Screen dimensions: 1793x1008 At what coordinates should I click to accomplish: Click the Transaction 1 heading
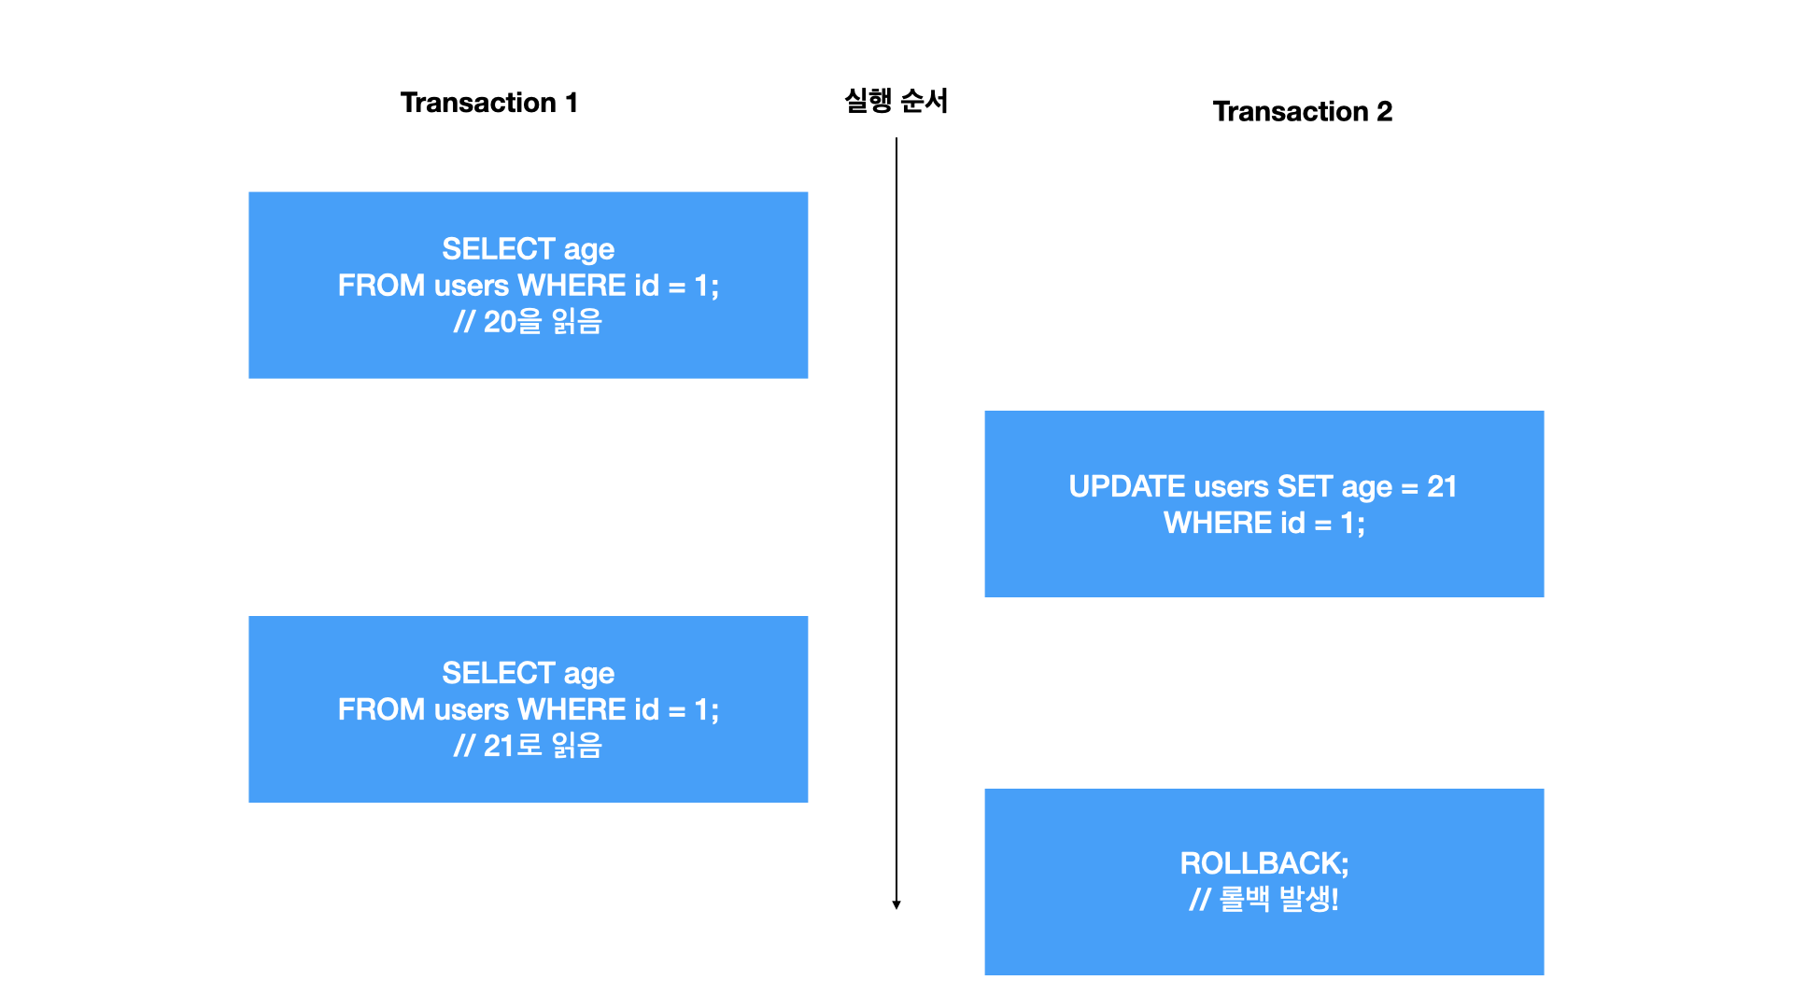point(488,103)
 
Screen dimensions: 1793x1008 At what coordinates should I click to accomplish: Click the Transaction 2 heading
point(1302,112)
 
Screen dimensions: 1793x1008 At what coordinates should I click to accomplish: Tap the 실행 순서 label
point(896,101)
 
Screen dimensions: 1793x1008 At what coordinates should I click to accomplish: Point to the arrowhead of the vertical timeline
point(896,904)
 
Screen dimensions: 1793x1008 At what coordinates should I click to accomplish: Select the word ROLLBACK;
point(1264,864)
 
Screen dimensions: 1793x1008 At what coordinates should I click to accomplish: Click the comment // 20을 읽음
point(528,322)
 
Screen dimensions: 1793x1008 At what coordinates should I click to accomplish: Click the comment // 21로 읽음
point(528,746)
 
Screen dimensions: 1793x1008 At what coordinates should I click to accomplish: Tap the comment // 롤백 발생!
point(1264,900)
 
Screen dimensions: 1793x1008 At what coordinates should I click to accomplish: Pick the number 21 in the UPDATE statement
point(1442,487)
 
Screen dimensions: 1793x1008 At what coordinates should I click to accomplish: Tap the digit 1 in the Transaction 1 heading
point(572,103)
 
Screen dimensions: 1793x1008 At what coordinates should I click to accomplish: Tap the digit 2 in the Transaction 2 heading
point(1384,112)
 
